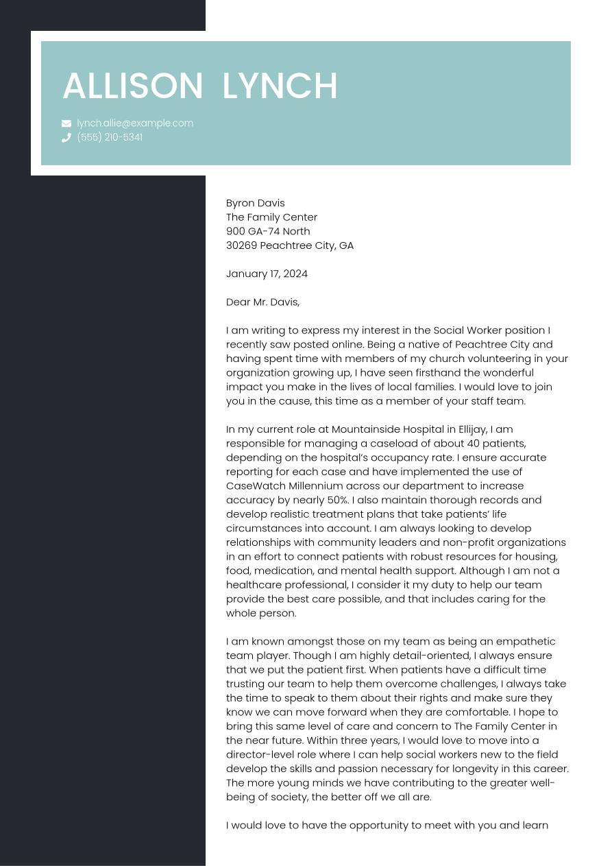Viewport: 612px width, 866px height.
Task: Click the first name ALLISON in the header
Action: (133, 86)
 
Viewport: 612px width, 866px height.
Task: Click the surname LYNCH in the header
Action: (280, 86)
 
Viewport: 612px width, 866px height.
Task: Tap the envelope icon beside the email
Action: (66, 123)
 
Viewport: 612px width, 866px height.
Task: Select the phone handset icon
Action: (66, 138)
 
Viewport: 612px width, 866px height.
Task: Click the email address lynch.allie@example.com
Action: (135, 123)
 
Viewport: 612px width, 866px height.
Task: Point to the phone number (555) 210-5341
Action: (110, 137)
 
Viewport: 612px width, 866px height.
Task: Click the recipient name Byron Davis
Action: (255, 203)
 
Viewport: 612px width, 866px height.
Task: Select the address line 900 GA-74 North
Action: (268, 231)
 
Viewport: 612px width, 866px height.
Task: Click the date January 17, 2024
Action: (267, 274)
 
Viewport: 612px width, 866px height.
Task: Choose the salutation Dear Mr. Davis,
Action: (262, 302)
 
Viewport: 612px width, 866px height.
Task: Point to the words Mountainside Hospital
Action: (387, 430)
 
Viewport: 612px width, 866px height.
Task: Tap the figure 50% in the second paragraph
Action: (338, 500)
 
